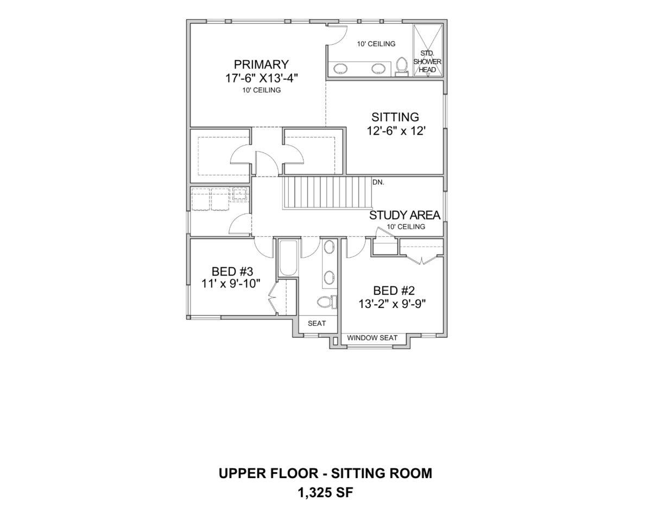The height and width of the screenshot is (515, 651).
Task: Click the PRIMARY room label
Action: pyautogui.click(x=261, y=64)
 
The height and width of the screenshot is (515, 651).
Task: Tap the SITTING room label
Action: pyautogui.click(x=395, y=117)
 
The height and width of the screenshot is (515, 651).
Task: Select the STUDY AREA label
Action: pyautogui.click(x=405, y=215)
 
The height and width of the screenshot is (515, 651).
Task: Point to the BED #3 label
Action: pyautogui.click(x=232, y=272)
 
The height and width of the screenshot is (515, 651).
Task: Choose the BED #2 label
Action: pyautogui.click(x=394, y=291)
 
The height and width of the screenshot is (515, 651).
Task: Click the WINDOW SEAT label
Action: pyautogui.click(x=372, y=338)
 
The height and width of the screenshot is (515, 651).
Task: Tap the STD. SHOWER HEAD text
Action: pyautogui.click(x=427, y=61)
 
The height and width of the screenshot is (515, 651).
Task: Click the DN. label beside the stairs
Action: pyautogui.click(x=378, y=182)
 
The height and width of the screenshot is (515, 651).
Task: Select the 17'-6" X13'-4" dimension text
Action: pyautogui.click(x=262, y=78)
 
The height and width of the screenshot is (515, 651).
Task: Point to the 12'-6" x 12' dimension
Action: pyautogui.click(x=396, y=131)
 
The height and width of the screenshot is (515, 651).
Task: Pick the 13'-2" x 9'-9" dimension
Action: pyautogui.click(x=393, y=304)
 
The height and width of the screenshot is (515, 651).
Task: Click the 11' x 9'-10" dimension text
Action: pyautogui.click(x=231, y=284)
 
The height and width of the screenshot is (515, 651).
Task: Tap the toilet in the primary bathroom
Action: pyautogui.click(x=401, y=67)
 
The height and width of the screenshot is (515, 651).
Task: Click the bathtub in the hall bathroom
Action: pyautogui.click(x=288, y=258)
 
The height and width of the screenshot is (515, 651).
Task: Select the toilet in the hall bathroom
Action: pyautogui.click(x=327, y=302)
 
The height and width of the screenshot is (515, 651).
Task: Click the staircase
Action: pyautogui.click(x=327, y=193)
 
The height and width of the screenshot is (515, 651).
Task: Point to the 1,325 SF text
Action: pyautogui.click(x=326, y=493)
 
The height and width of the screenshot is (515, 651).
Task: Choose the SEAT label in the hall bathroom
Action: pyautogui.click(x=317, y=323)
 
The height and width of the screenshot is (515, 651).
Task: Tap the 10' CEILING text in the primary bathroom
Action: pyautogui.click(x=376, y=43)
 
